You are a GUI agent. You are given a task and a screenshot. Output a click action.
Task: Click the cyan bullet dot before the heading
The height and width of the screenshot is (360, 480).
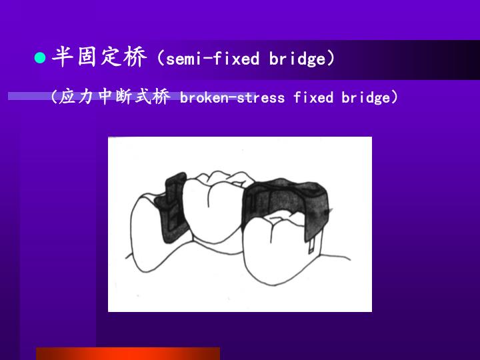coord(39,59)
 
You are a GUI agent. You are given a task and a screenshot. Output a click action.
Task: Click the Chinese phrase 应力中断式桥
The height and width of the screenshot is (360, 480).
coord(114,97)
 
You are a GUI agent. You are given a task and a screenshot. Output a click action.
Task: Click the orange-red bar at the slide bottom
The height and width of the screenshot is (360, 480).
coord(127,353)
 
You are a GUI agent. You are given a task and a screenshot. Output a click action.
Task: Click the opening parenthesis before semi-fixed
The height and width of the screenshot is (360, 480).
coord(161,59)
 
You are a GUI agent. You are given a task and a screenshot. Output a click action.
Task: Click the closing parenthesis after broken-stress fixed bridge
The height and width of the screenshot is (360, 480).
coord(395,98)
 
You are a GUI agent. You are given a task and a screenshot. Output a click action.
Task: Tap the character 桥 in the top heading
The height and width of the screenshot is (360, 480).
coord(135,58)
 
